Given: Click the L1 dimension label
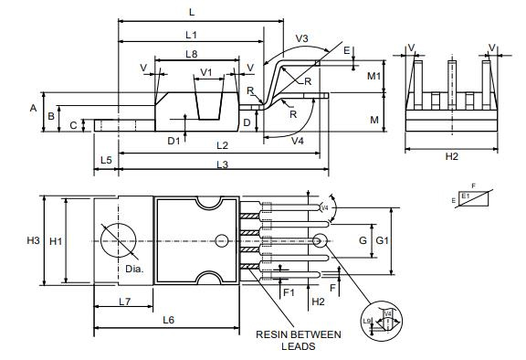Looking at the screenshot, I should point(191,34).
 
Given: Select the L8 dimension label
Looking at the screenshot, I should point(191,55).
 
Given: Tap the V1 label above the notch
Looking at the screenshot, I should point(206,72).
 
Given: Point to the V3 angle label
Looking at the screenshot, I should point(302,40).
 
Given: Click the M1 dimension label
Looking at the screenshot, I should point(373,76).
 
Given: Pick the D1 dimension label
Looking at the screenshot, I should point(174,140).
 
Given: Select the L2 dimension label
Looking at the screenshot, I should point(222,145).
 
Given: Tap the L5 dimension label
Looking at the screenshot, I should point(106,160).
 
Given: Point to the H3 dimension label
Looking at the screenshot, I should point(33,240).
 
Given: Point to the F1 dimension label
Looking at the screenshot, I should point(289,292).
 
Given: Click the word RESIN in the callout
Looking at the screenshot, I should point(273,334).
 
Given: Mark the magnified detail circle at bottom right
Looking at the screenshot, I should point(384,322).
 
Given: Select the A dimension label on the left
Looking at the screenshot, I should point(33,108).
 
